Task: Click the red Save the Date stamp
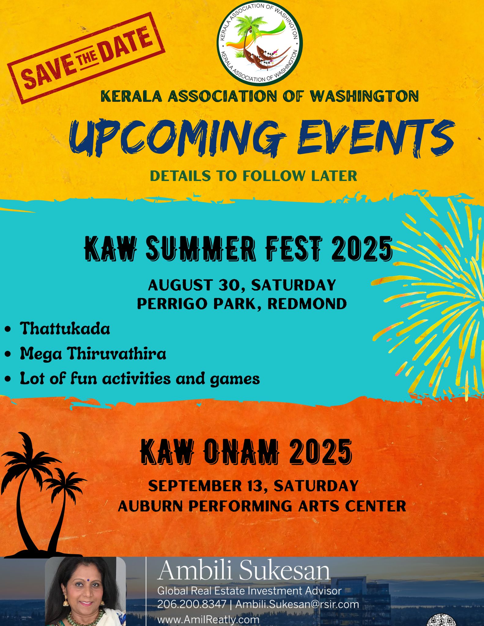[x=86, y=58]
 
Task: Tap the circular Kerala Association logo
[x=260, y=43]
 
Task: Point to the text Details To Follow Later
[x=253, y=176]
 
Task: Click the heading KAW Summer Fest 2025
[x=238, y=249]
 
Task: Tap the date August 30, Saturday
[x=242, y=285]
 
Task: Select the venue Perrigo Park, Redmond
[x=242, y=304]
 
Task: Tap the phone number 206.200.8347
[x=192, y=604]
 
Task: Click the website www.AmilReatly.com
[x=208, y=620]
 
